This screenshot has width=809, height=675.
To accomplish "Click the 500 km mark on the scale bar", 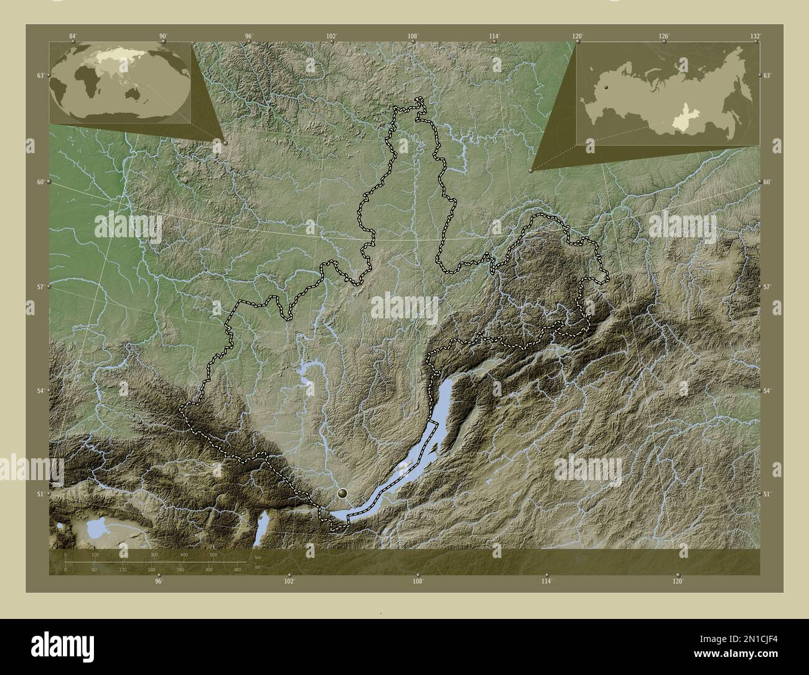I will [213, 554].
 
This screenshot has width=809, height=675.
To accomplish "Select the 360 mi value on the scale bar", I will [237, 569].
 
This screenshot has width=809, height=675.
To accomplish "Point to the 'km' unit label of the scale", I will [258, 557].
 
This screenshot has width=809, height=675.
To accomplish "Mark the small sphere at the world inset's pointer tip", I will [225, 143].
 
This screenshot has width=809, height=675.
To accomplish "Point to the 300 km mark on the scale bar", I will [154, 554].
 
